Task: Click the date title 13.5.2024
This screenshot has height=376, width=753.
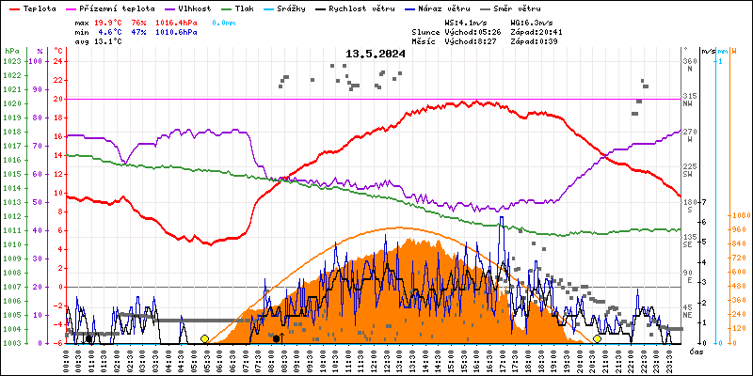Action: (376, 54)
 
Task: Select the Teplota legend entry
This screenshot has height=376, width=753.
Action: (32, 8)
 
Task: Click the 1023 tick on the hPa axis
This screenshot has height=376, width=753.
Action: (11, 61)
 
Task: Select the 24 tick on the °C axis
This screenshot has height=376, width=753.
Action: (58, 61)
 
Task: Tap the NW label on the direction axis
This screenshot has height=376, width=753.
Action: (689, 105)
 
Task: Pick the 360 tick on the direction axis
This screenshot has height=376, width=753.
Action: (689, 61)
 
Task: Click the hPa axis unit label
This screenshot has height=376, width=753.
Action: (11, 51)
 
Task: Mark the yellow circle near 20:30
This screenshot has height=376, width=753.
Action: (597, 338)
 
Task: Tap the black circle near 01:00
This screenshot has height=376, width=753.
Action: (88, 338)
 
